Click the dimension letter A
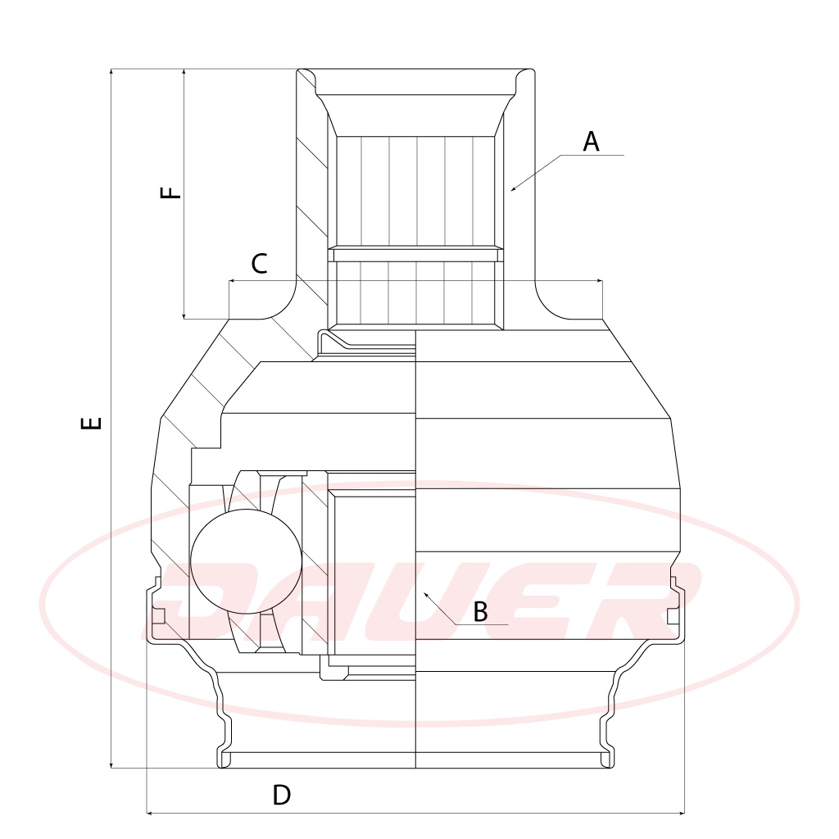[591, 142]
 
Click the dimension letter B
[480, 611]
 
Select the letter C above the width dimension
[259, 264]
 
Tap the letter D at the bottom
[282, 795]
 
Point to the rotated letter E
[91, 423]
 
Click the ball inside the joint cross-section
[246, 561]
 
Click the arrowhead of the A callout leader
[514, 188]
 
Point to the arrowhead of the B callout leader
[426, 595]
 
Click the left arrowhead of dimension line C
[232, 280]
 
